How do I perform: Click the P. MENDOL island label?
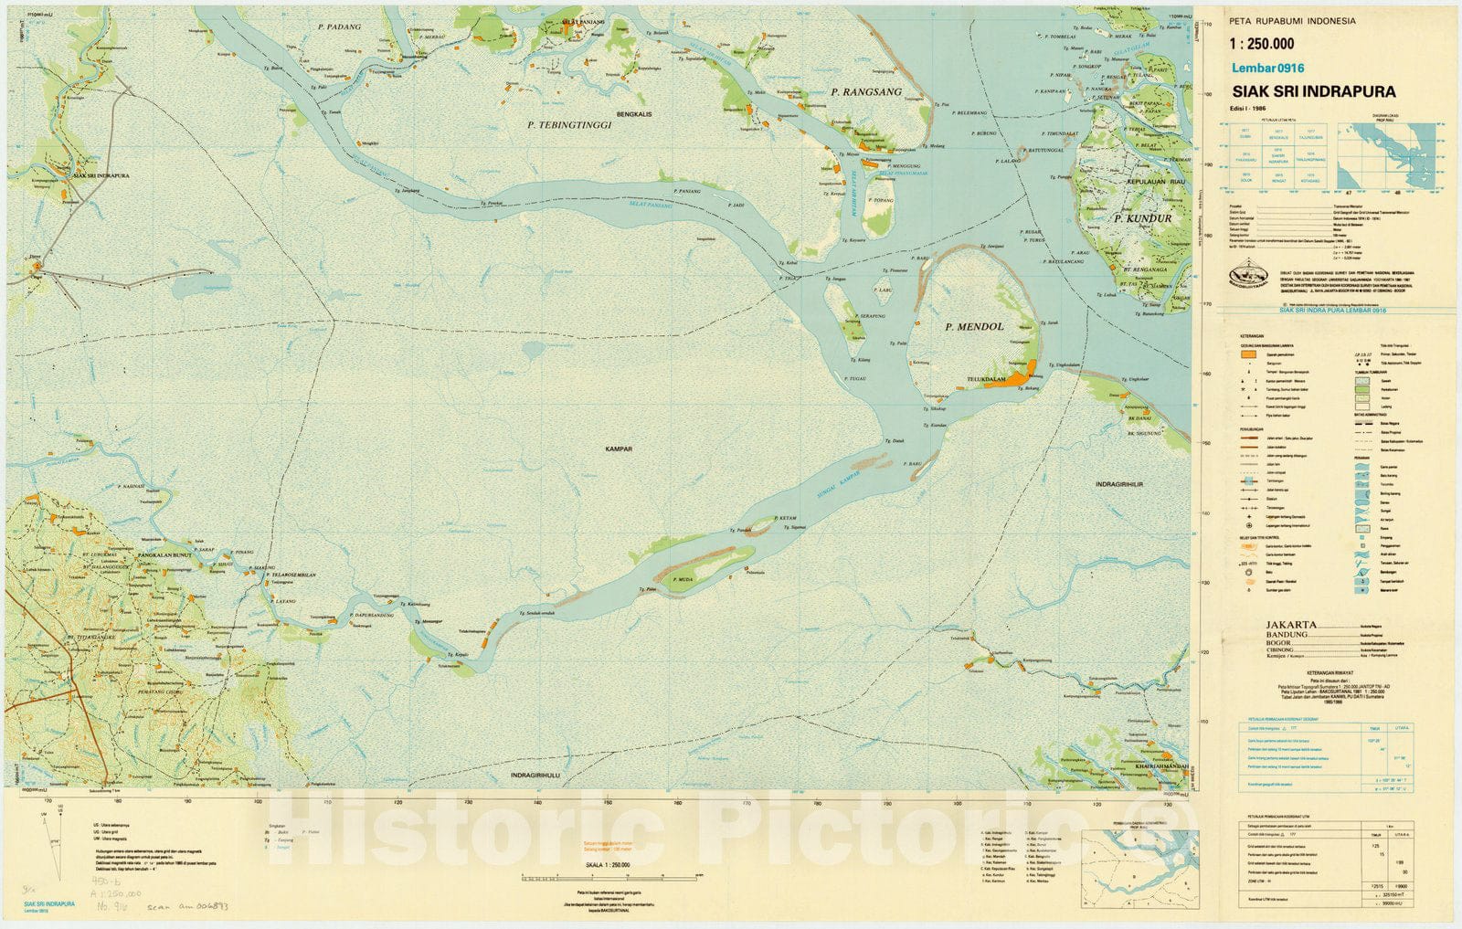(x=974, y=326)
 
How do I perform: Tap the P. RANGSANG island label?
(x=866, y=92)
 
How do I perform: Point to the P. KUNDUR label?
(x=1142, y=219)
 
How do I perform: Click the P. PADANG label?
(x=339, y=27)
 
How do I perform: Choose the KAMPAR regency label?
(x=619, y=449)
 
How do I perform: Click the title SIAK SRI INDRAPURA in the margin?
(x=1313, y=92)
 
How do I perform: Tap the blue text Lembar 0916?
(x=1267, y=68)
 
